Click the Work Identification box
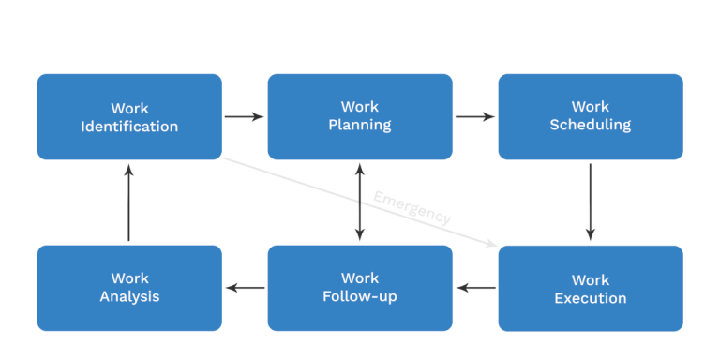click(x=129, y=116)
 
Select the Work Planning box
click(x=360, y=116)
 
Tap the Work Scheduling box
click(x=590, y=116)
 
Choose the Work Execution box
click(x=590, y=288)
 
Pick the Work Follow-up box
click(x=360, y=287)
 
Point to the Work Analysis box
click(x=129, y=287)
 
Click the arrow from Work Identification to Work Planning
click(x=245, y=117)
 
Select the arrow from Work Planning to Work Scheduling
click(x=475, y=117)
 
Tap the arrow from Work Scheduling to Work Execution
click(x=590, y=202)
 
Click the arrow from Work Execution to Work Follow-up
click(x=475, y=288)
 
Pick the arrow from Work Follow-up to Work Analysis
click(x=245, y=288)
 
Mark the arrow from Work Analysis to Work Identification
click(x=129, y=202)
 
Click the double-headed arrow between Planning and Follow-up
click(x=360, y=202)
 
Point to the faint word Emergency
click(x=412, y=207)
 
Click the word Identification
click(x=129, y=127)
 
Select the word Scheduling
click(x=590, y=126)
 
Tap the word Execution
click(x=590, y=298)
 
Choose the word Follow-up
click(x=360, y=297)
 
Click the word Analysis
click(x=129, y=297)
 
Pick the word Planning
click(x=360, y=126)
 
